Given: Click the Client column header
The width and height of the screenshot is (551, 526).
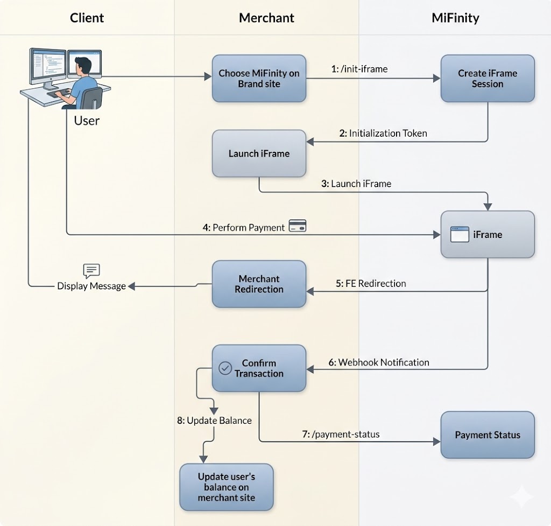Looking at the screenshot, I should coord(87,18).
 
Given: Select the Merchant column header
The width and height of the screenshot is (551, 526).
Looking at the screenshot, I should coord(266,18).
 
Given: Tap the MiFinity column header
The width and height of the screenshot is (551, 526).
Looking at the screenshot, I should coord(455,18).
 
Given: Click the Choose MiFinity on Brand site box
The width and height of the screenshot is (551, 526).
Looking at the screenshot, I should coord(259,79).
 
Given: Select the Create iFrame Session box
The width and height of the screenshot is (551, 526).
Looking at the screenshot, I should coord(488,79).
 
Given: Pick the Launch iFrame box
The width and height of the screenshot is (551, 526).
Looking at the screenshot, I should coord(259,153).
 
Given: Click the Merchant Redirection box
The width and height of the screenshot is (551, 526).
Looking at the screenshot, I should coord(259,284).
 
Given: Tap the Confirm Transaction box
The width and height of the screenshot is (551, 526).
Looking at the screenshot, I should coord(259,368).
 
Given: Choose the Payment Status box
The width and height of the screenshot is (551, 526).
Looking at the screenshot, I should coord(488,435).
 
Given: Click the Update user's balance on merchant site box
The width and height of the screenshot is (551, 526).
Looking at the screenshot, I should coord(226,487).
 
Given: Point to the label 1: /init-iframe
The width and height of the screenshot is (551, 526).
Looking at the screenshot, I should coord(359,69).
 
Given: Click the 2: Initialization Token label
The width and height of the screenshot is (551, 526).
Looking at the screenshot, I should coord(383,134).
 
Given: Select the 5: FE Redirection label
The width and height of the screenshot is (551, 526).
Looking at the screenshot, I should coord(371,283).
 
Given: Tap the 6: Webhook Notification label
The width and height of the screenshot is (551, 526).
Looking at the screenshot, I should coord(379,362).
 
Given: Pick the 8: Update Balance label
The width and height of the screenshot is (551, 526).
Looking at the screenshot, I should coord(214,420).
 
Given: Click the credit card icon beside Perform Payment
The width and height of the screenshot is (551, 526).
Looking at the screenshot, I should coord(298,226).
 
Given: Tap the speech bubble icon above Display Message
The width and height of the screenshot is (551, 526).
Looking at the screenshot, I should coord(91,271).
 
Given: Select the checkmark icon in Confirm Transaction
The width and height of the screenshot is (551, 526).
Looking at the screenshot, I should coord(225,368).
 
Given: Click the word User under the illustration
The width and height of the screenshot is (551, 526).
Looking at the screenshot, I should coord(87,120).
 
